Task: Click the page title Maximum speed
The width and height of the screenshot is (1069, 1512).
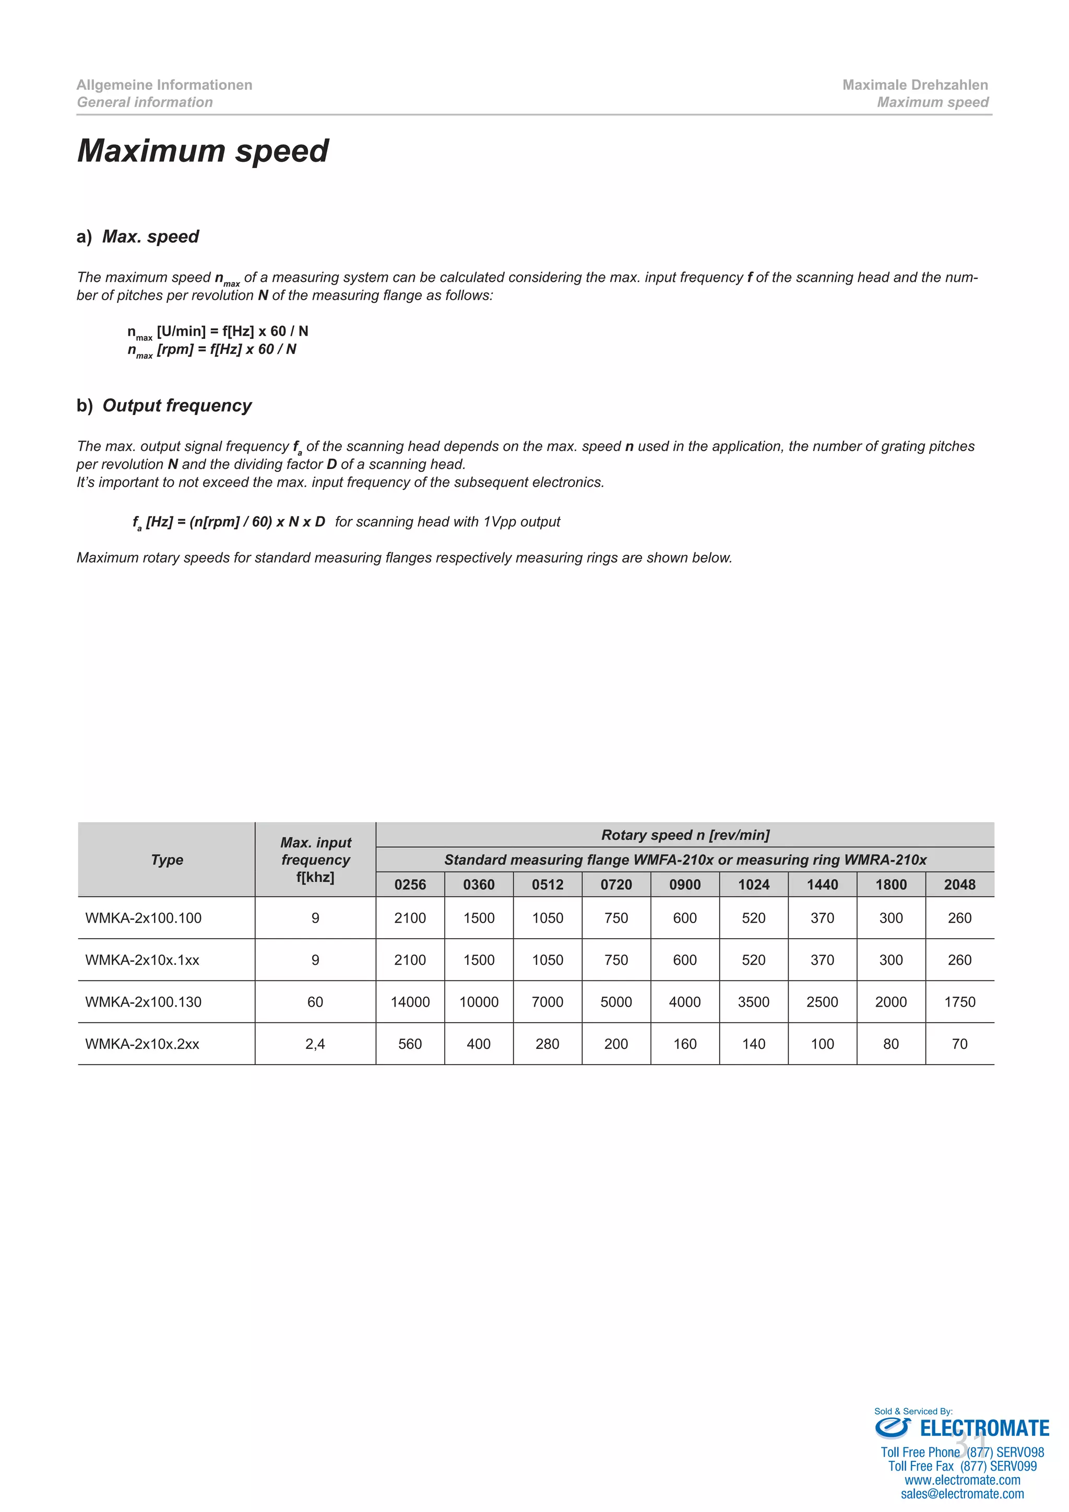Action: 203,151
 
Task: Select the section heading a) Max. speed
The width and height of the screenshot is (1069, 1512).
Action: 138,237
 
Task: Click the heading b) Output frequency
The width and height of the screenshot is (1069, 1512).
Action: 164,406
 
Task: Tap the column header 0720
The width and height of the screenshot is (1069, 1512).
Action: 616,884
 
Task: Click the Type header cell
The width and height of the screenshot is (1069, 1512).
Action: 167,859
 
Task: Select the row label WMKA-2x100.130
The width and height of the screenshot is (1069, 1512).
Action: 144,1001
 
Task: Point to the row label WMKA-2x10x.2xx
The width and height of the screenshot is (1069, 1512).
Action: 142,1044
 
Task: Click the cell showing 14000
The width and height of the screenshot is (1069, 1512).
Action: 410,1001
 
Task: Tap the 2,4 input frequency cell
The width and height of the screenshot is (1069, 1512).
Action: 315,1044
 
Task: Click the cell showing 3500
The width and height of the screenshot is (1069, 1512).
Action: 754,1001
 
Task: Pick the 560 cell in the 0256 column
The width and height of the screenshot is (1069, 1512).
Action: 410,1044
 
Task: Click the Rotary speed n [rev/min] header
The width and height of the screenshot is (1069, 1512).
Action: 685,835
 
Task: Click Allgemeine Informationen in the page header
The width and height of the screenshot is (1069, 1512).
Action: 164,85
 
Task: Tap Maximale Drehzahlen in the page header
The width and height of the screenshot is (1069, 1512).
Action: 914,85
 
